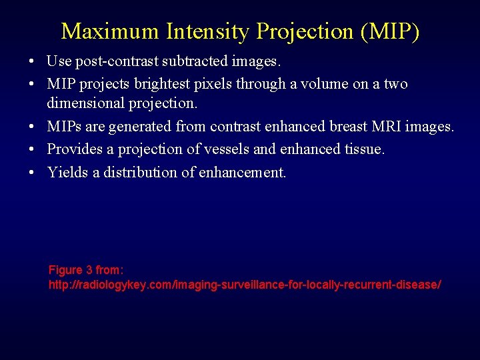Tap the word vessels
234,149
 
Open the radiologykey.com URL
245,285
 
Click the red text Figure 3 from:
86,270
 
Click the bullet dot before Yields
32,173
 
